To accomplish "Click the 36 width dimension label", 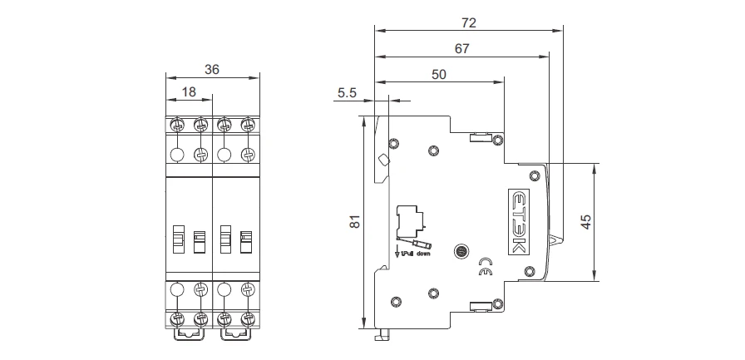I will coord(212,70).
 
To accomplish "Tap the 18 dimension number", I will coord(189,92).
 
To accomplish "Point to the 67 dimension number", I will coord(462,48).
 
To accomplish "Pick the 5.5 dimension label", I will coord(347,94).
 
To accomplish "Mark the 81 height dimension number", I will coord(353,222).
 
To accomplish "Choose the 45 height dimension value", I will coord(585,222).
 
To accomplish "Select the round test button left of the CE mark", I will coord(460,252).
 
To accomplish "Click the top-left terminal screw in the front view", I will coord(176,125).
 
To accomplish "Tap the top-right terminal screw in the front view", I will coord(246,125).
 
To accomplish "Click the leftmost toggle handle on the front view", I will coord(178,241).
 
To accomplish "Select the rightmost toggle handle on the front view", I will coord(245,241).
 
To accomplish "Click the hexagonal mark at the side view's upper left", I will coord(383,161).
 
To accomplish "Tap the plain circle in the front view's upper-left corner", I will coord(176,155).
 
